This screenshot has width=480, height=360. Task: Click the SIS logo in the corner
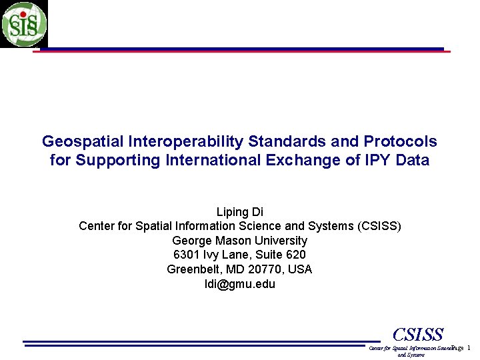(24, 24)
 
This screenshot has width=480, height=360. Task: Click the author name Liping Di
(240, 212)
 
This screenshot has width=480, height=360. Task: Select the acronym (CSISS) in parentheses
(379, 226)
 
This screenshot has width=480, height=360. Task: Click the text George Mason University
(240, 241)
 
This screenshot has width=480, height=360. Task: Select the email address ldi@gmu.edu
(240, 284)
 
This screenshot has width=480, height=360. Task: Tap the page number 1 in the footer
(469, 348)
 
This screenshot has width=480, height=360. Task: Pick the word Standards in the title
(291, 141)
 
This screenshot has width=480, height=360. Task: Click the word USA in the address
(300, 269)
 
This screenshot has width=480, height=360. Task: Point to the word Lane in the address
(233, 255)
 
